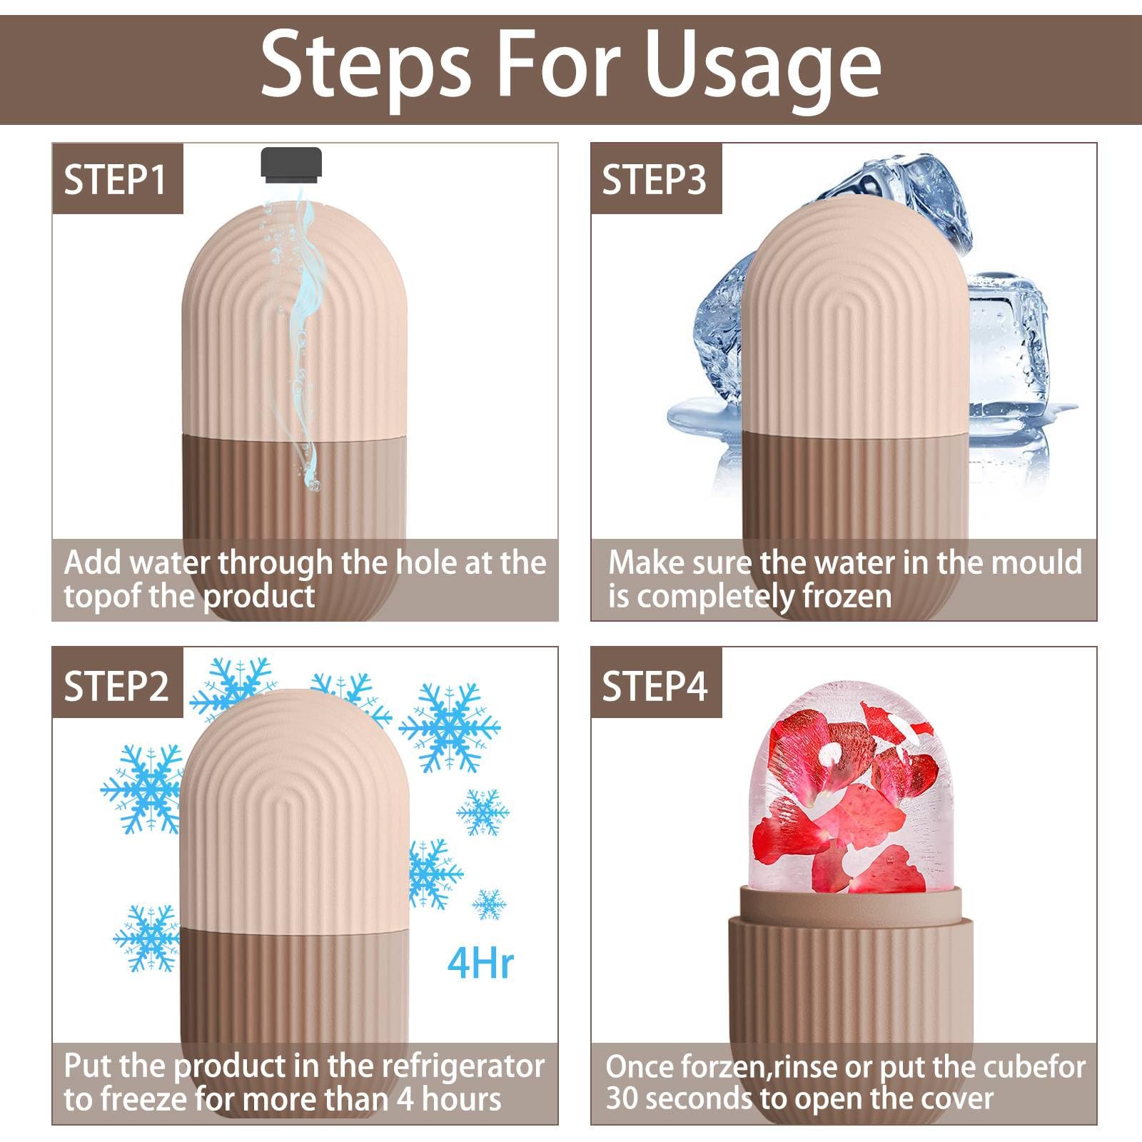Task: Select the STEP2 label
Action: coord(116,686)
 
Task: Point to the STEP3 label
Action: coord(654,180)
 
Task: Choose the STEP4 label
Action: coord(655,686)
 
